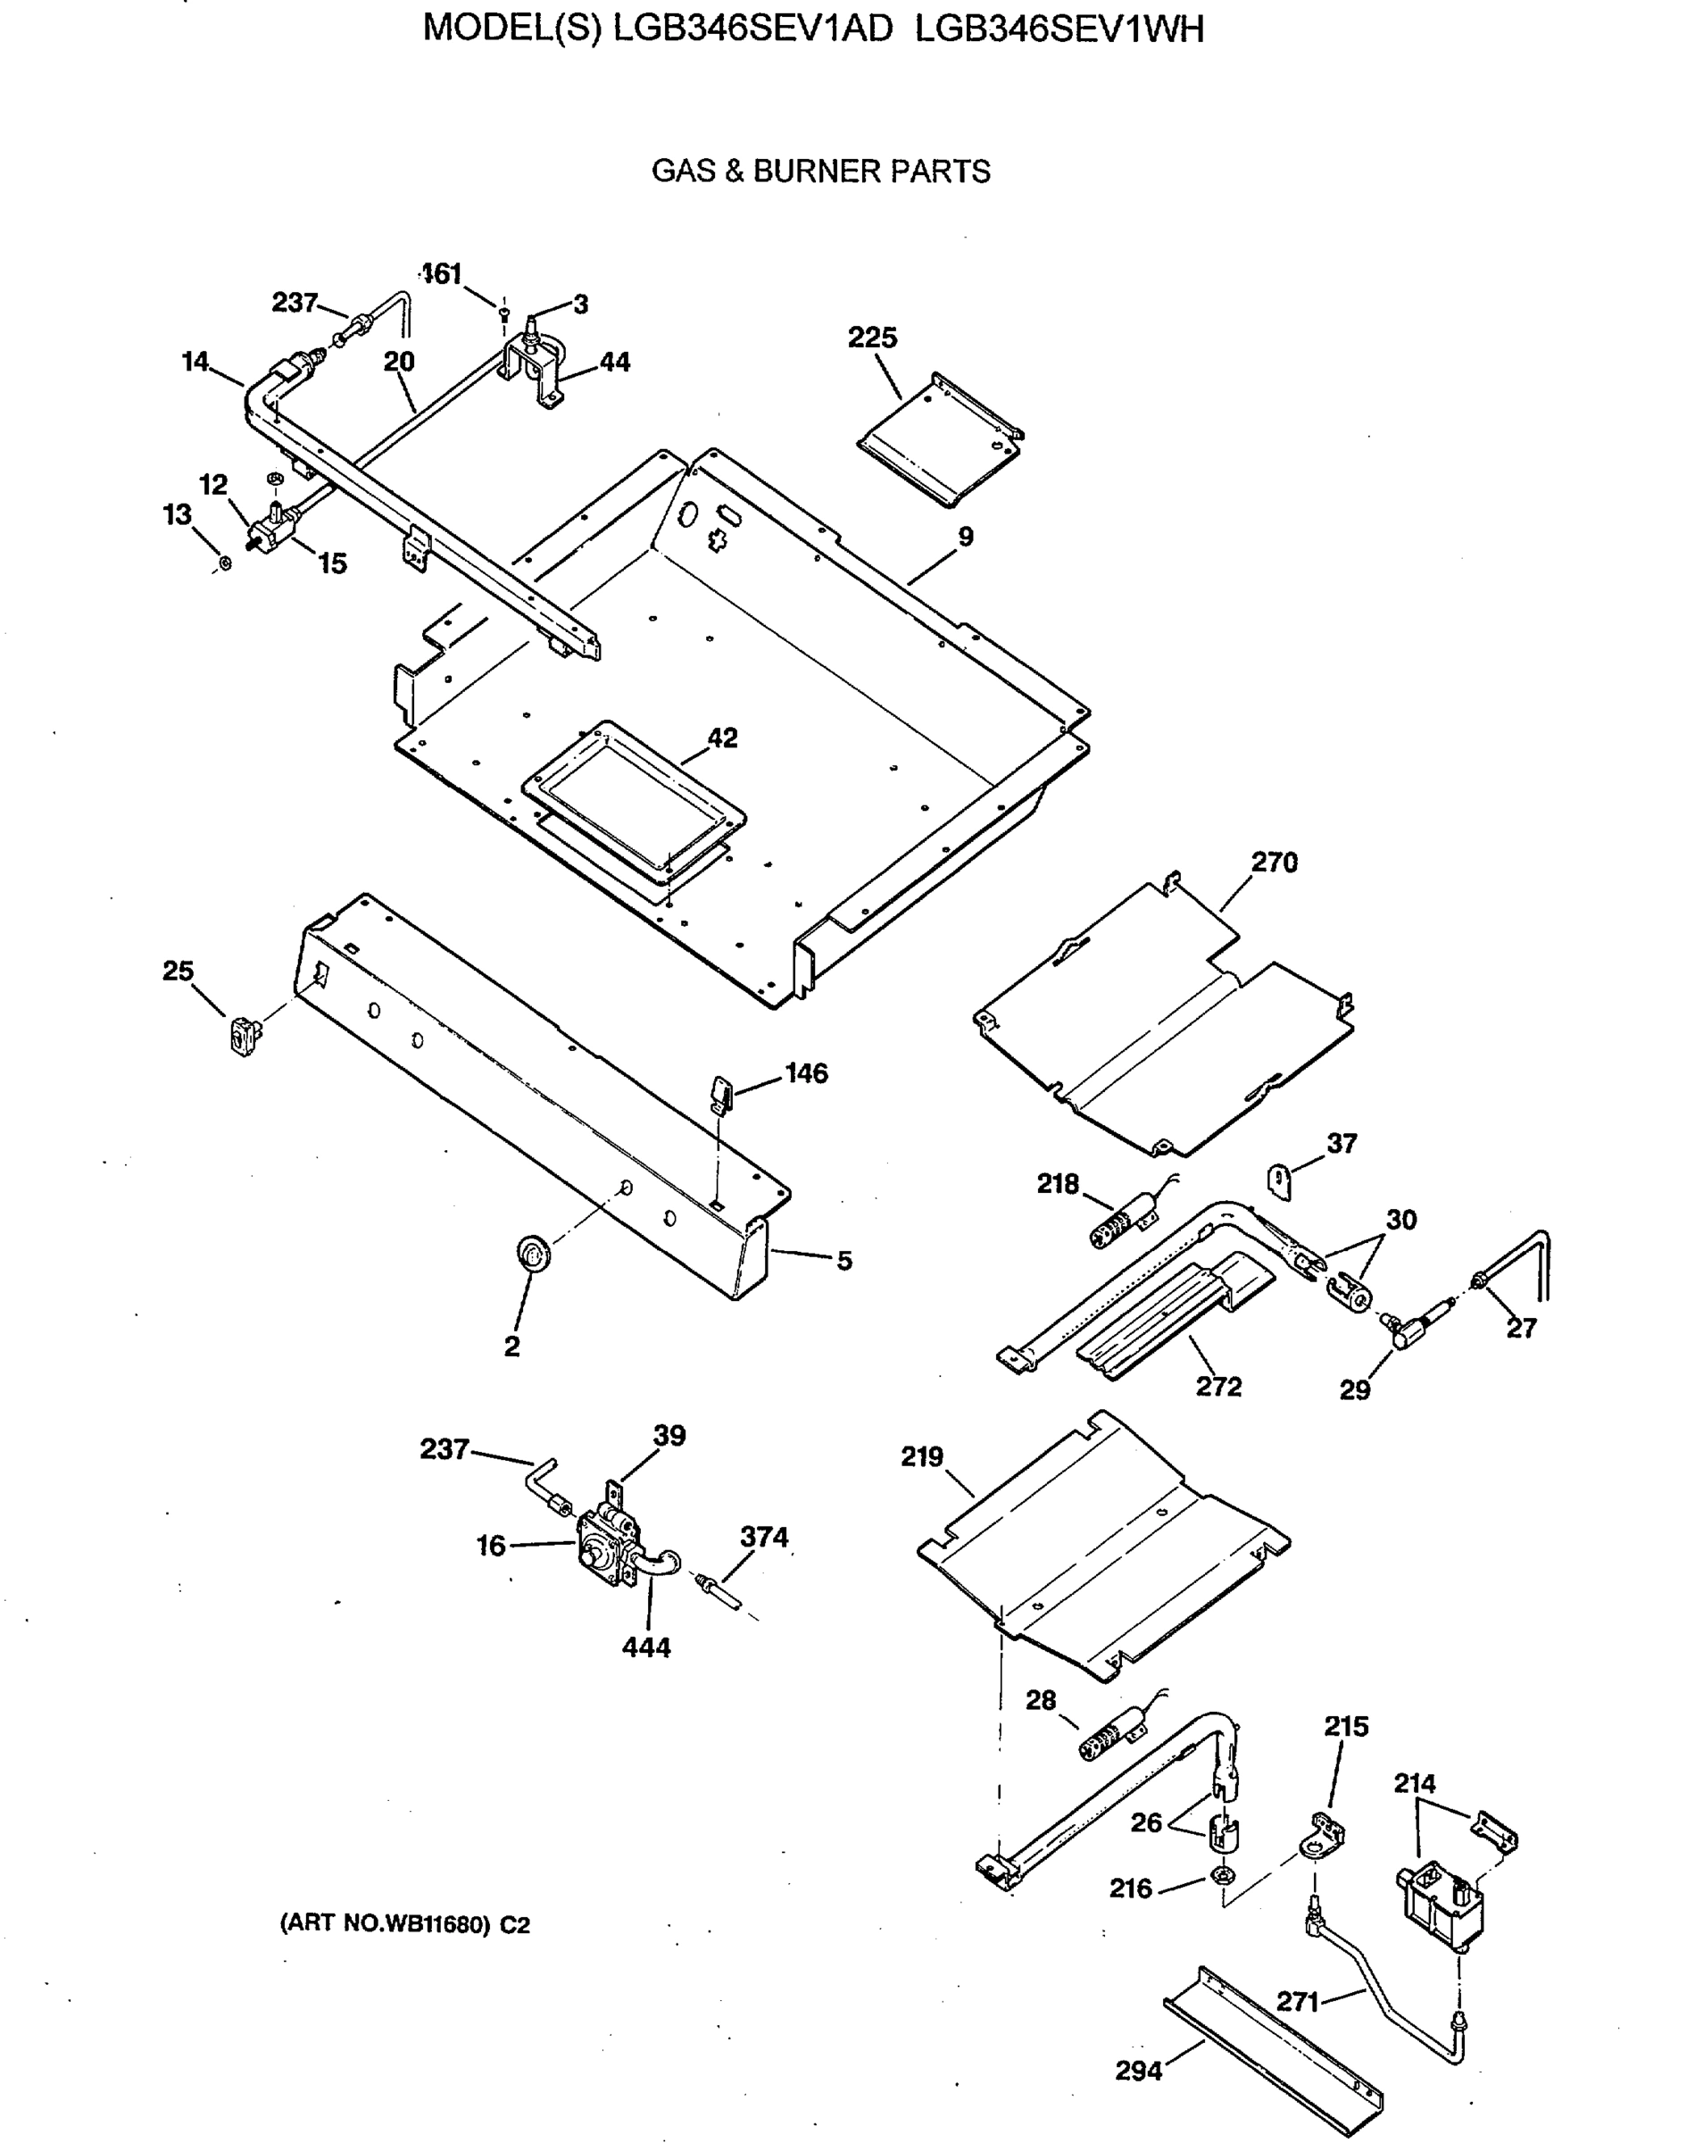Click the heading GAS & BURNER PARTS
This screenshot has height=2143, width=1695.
[819, 171]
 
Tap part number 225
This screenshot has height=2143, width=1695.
[871, 338]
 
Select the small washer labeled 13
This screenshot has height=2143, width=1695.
[224, 563]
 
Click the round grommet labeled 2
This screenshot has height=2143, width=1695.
[535, 1253]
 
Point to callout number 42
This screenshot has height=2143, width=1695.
[721, 738]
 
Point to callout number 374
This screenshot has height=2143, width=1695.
[763, 1537]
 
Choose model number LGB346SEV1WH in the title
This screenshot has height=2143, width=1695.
[1059, 29]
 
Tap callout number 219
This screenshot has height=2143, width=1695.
[921, 1456]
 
